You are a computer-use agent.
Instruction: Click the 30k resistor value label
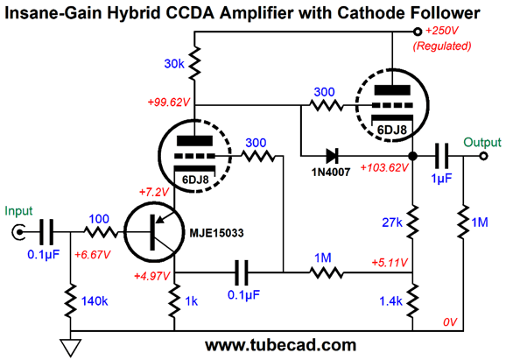coord(174,64)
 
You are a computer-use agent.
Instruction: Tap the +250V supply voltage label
coord(442,31)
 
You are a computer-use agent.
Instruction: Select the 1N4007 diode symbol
coord(332,156)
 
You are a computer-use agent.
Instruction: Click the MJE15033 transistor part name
coord(216,233)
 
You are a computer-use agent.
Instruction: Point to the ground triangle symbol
coord(71,348)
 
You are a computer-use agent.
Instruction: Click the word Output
coord(482,142)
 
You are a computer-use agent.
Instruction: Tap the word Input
coord(18,211)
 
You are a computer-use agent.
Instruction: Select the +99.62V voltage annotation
coord(169,102)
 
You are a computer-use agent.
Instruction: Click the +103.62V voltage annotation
coord(384,168)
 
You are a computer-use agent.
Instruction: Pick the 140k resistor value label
coord(95,301)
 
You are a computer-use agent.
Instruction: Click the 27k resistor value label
coord(392,222)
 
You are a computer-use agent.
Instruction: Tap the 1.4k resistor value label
coord(390,301)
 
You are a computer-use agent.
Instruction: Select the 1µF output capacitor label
coord(442,179)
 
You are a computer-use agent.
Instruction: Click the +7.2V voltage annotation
coord(154,193)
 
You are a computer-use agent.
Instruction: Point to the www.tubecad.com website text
coord(281,345)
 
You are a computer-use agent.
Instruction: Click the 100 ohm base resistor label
coord(99,219)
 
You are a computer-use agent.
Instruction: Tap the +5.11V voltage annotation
coord(390,263)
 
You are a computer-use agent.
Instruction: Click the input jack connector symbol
coord(18,232)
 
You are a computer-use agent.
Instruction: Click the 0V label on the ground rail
coord(450,322)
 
